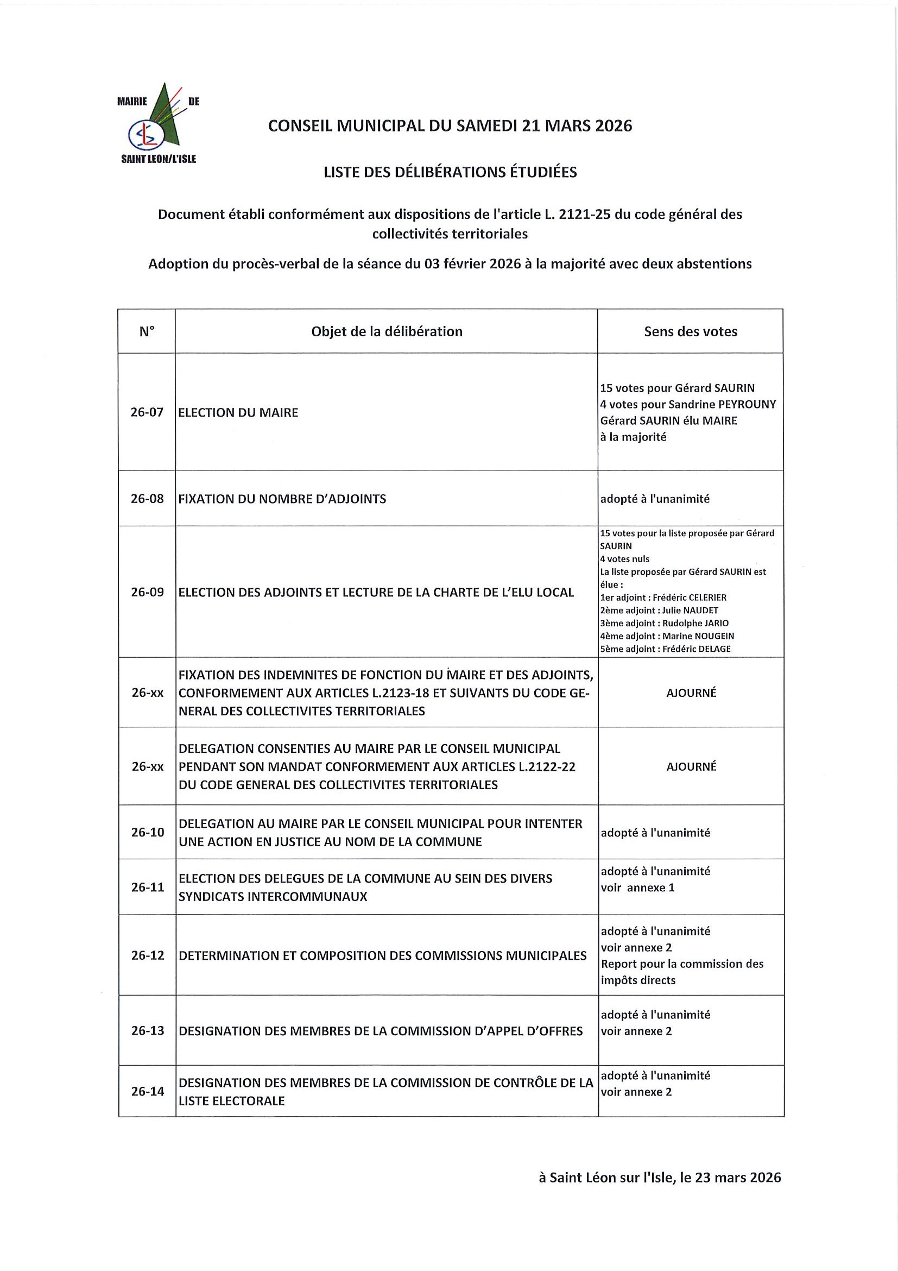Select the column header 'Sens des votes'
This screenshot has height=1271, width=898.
[x=690, y=331]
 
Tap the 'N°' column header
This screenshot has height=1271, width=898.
[x=147, y=331]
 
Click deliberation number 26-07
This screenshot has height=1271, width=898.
[x=147, y=412]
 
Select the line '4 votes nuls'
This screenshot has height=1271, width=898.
[x=625, y=559]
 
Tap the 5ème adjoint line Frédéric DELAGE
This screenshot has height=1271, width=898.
[x=666, y=649]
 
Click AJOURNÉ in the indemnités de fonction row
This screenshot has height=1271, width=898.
[x=691, y=693]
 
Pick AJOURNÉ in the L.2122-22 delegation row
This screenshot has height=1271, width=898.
[x=691, y=767]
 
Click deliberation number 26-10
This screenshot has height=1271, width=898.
[x=147, y=832]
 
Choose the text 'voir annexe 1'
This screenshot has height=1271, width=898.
[x=637, y=888]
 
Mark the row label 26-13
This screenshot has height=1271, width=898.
[x=147, y=1031]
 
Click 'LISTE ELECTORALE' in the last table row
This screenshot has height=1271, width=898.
[x=231, y=1101]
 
